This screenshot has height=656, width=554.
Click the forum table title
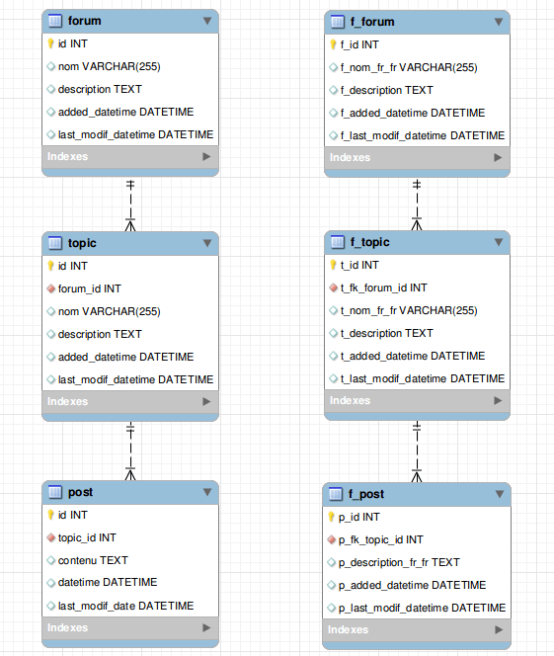[84, 20]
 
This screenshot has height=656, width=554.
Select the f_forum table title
[372, 21]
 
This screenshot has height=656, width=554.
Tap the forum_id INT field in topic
[89, 288]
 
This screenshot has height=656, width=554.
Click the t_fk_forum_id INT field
[384, 287]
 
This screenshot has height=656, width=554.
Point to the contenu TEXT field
[93, 560]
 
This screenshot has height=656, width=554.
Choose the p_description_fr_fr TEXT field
[400, 562]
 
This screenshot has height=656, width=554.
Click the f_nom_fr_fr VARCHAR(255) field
[409, 67]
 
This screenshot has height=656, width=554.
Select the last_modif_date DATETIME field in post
[125, 606]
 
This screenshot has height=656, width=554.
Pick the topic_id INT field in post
[87, 537]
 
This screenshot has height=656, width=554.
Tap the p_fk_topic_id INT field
[381, 539]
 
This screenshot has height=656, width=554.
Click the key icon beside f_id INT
[332, 44]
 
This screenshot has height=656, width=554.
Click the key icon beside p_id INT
[332, 517]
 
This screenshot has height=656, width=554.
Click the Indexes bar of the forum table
[129, 156]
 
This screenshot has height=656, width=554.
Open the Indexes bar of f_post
[417, 629]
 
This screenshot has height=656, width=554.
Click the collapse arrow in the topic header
[207, 242]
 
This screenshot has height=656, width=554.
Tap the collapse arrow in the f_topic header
[498, 242]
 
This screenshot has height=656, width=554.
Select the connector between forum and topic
[130, 204]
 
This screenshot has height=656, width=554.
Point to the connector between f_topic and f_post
[417, 451]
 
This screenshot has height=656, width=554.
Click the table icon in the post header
[55, 491]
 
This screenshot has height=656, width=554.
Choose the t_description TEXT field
[386, 333]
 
